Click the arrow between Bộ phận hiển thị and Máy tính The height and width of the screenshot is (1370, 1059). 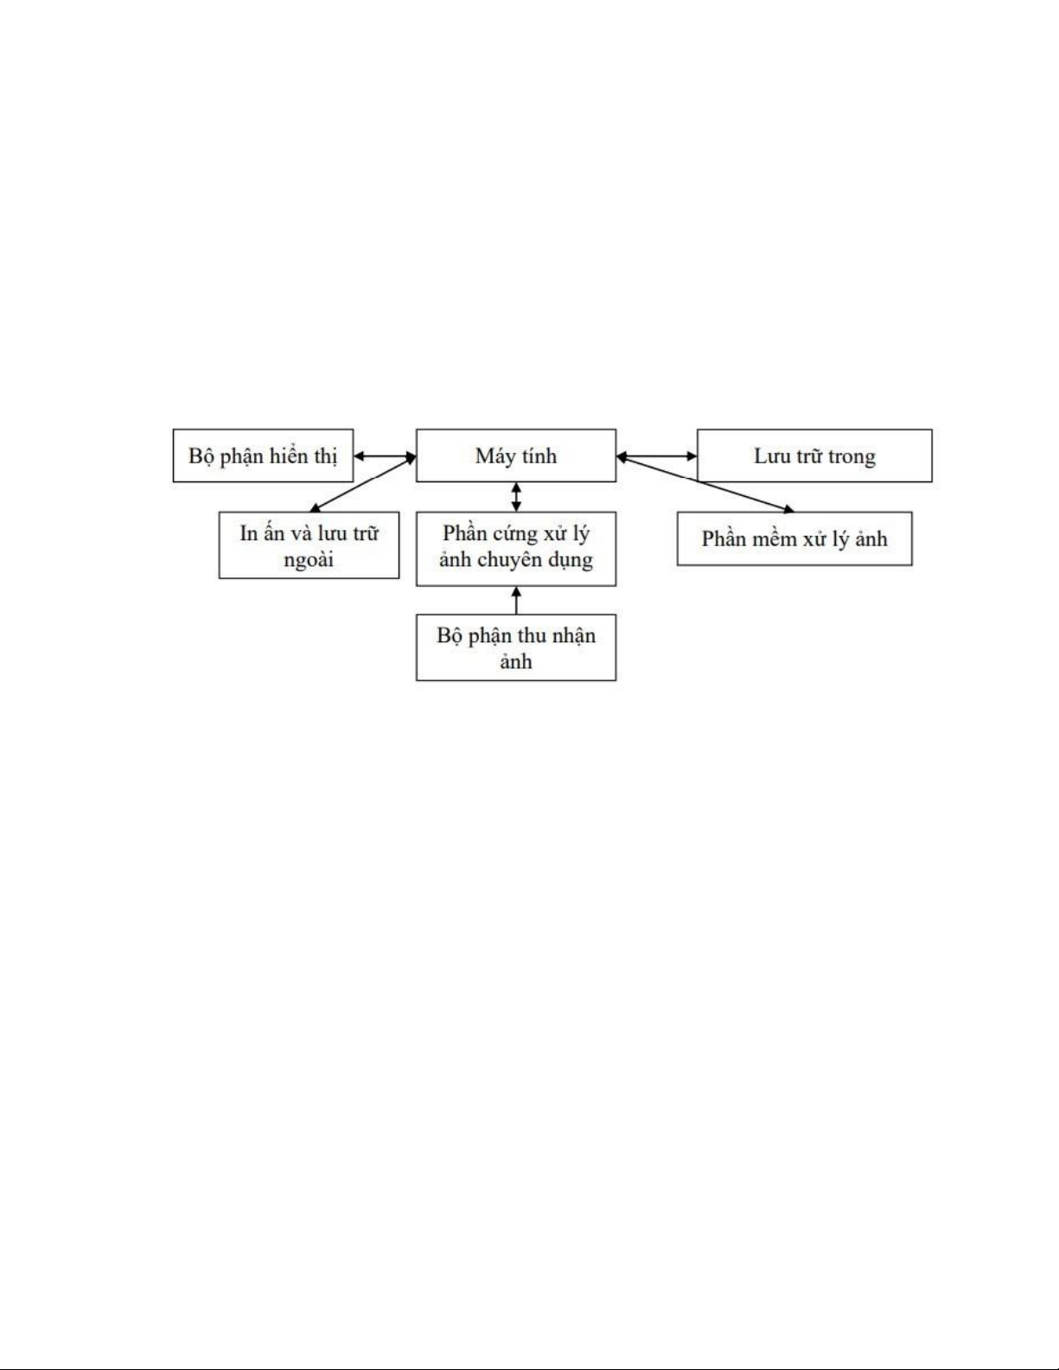pos(385,456)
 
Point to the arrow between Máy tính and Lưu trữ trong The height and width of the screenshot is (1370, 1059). pos(656,456)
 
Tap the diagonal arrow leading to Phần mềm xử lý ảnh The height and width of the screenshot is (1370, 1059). pos(705,484)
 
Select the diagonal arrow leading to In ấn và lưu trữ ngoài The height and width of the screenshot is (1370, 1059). pos(362,484)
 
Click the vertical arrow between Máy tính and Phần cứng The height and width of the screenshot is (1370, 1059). pos(516,497)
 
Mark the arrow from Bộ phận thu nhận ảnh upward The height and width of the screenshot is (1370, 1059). pos(516,600)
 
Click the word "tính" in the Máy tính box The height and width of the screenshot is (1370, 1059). pos(539,456)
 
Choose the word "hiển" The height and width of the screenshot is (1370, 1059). pos(288,456)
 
